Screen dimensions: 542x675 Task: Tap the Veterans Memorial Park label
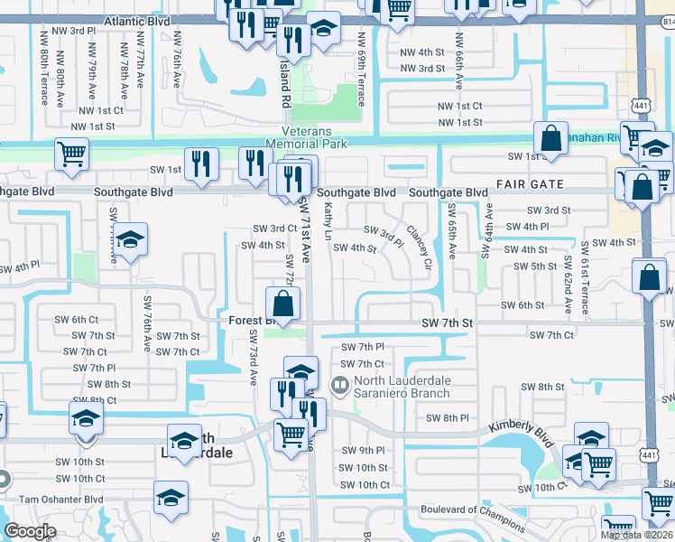coord(307,136)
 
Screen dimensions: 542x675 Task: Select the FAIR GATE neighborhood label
coord(530,184)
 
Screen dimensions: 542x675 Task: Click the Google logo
coord(30,530)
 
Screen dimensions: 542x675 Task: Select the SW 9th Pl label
coord(363,450)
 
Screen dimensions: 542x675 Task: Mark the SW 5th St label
coord(535,266)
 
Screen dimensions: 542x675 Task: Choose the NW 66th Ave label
coord(458,68)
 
